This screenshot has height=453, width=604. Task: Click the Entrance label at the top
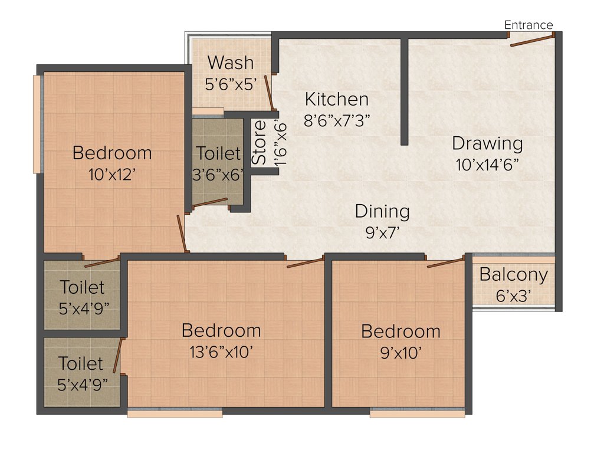pos(528,25)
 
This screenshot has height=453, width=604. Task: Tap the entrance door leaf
pos(532,40)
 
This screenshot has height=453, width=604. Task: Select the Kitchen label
pos(336,99)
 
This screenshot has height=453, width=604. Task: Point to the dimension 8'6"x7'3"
pos(336,120)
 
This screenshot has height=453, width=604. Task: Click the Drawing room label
pos(487,143)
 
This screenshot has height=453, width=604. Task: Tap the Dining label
pos(382,211)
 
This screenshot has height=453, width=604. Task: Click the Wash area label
pos(231,63)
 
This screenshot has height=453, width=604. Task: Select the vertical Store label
pos(259,143)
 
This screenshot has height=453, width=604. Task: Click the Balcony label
pos(513,275)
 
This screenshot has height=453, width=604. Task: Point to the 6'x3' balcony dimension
pos(513,296)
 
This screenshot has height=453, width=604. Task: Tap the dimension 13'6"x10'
pos(221,352)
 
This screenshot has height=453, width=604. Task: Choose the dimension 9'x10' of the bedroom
pos(401,353)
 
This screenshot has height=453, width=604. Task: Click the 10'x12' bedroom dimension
pos(111,175)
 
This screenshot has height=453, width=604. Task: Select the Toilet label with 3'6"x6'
pos(218,153)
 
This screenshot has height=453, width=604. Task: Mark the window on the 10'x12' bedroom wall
pos(37,124)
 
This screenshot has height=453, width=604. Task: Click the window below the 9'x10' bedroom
pos(417,414)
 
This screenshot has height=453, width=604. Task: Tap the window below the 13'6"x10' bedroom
pos(175,414)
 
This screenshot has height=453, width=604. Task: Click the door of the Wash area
pos(268,93)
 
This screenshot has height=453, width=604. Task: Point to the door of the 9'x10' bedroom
pos(445,262)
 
